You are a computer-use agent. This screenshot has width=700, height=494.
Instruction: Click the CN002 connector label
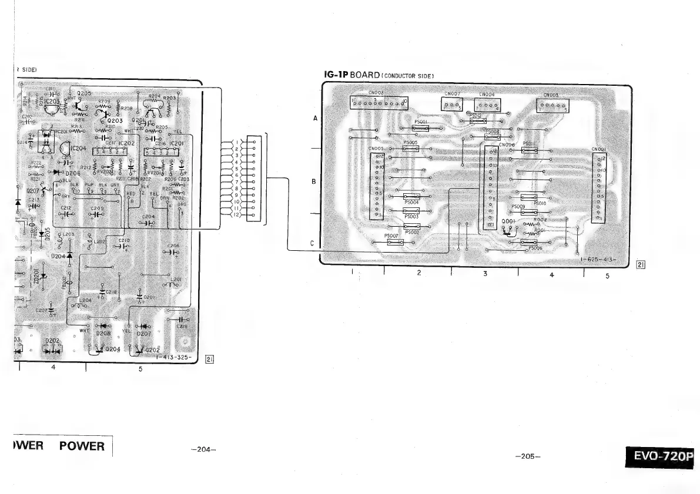tap(376, 92)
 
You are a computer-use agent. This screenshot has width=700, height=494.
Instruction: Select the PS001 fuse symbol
tap(421, 128)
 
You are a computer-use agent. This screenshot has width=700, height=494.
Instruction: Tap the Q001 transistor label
tap(508, 221)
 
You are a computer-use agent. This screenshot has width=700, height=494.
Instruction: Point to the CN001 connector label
tap(599, 149)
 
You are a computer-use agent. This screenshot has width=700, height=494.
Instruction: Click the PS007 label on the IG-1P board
tap(391, 236)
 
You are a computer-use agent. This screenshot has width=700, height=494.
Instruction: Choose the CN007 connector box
tap(452, 103)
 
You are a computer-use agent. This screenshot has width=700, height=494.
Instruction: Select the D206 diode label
tap(72, 173)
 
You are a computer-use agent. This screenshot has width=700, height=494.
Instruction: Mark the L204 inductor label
tap(86, 300)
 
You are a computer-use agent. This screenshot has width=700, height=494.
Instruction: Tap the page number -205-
tap(527, 456)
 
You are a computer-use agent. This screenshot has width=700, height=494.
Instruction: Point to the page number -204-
tap(204, 450)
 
